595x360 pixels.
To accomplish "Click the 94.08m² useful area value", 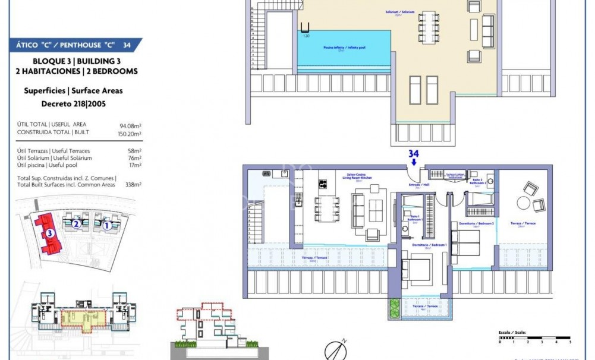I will pos(130,125).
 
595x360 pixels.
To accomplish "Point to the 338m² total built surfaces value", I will pos(133,185).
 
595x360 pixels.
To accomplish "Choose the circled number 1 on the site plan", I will pos(106,225).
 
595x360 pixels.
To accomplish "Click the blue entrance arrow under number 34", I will pos(414,162).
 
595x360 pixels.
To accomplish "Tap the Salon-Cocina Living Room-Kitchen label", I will pos(358,178).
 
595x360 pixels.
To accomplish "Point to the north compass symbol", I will pos(335,350).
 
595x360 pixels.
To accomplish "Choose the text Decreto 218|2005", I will pos(73,103).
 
